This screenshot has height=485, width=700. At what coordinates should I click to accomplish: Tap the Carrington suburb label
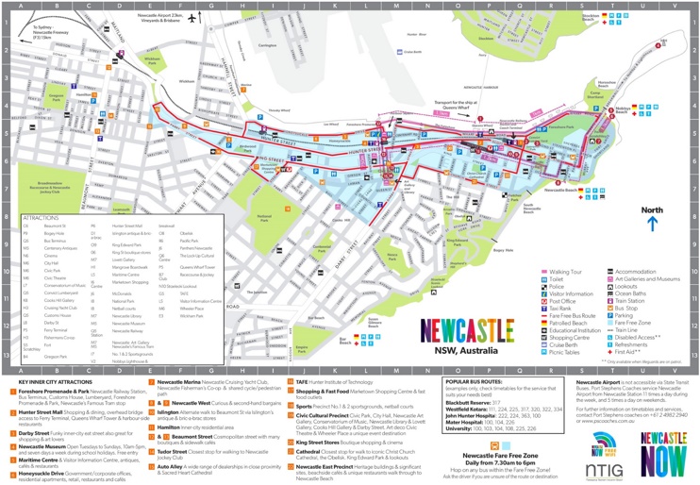(265, 44)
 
